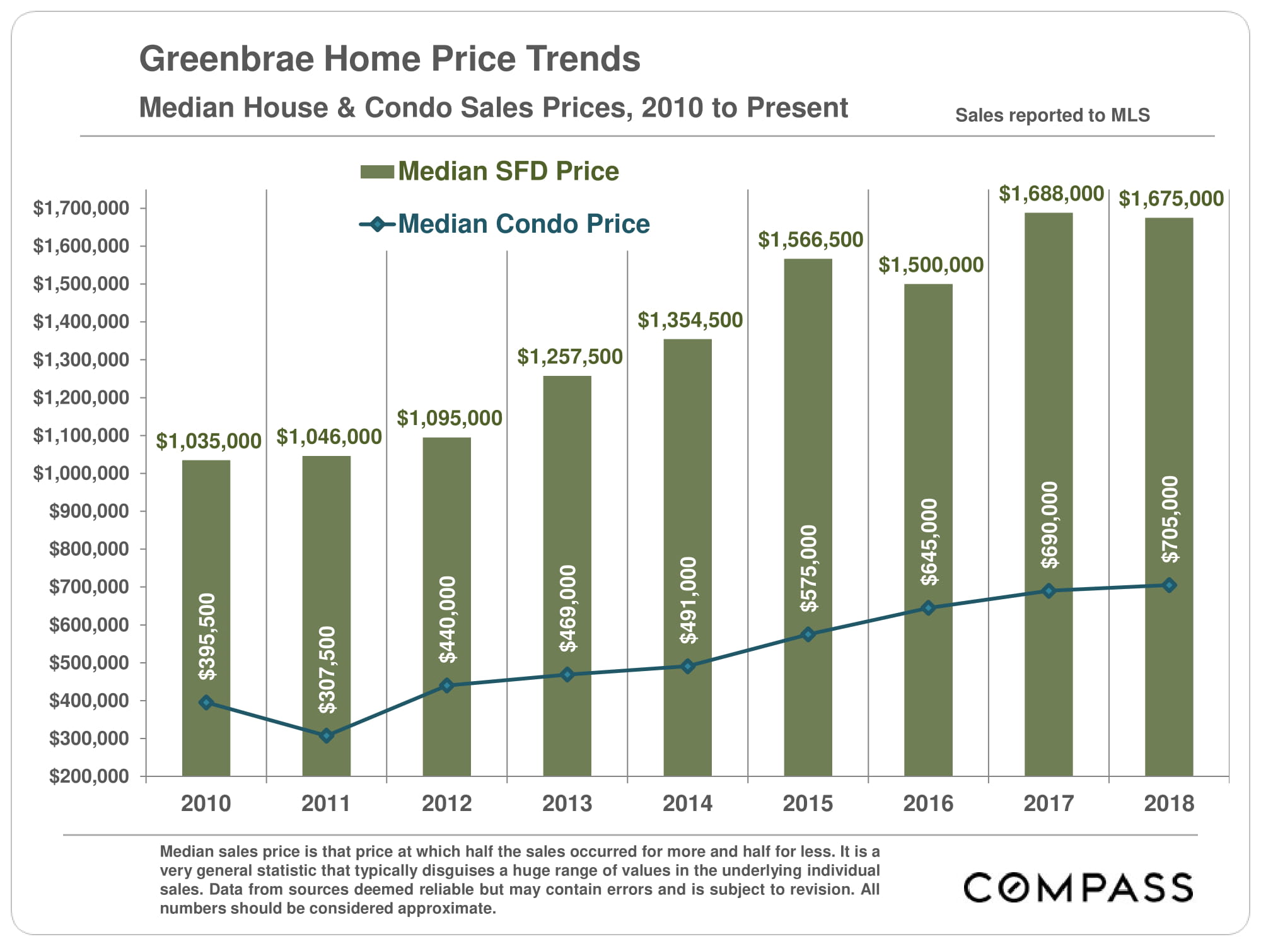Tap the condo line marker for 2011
pos(327,735)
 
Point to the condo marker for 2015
pos(808,634)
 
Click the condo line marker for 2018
pos(1169,585)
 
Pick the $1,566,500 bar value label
pos(810,240)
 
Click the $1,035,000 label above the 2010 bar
pos(209,441)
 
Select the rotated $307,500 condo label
pos(327,670)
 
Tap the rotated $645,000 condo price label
pos(929,542)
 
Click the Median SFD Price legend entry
pos(490,171)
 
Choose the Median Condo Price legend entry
pos(504,224)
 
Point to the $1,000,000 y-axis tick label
pos(81,473)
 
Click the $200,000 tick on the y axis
pos(89,776)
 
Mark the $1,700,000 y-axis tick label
pos(81,208)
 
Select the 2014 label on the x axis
pos(687,803)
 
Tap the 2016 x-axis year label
pos(928,803)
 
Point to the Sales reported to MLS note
pos(1052,115)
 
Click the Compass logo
pos(1078,887)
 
